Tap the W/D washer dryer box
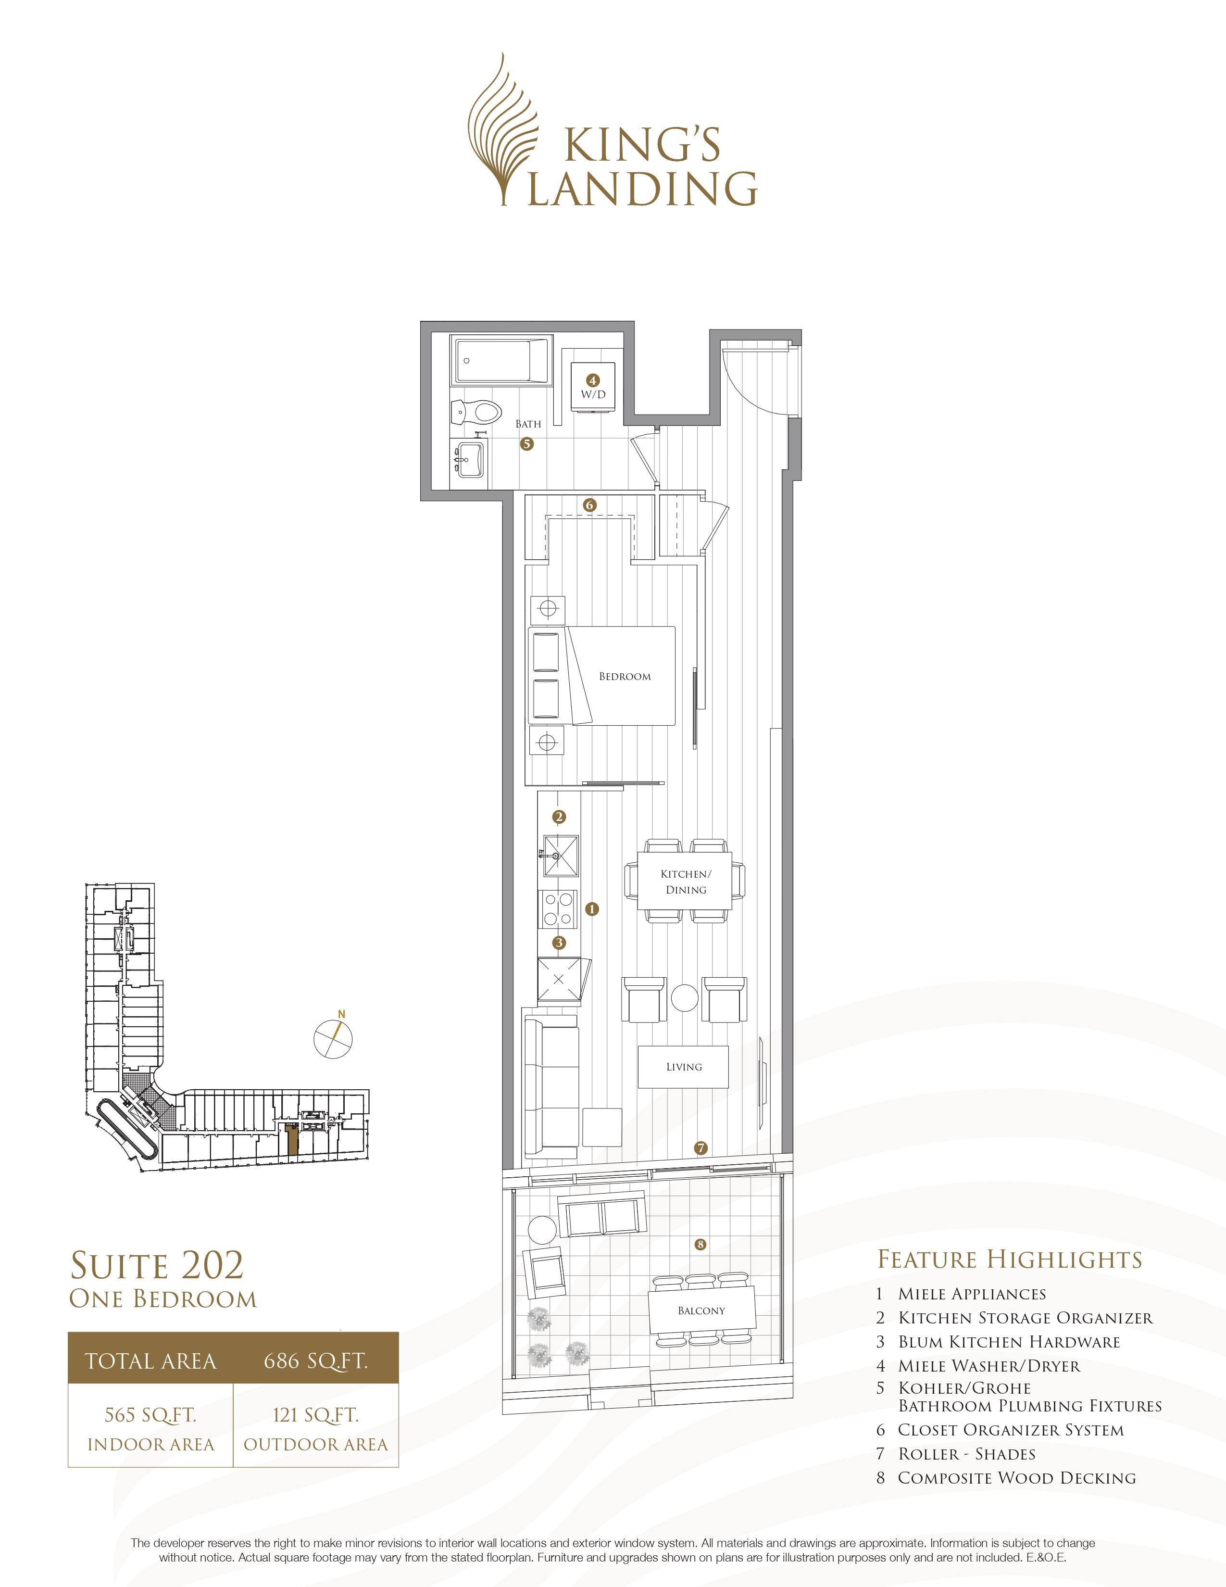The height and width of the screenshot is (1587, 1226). click(593, 387)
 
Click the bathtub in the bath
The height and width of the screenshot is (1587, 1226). click(501, 360)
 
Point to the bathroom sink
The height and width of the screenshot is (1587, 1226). click(469, 459)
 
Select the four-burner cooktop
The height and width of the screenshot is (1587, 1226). click(559, 909)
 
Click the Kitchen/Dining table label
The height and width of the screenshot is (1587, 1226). click(686, 882)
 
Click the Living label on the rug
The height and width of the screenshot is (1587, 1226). click(684, 1067)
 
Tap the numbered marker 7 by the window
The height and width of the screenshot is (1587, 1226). click(700, 1149)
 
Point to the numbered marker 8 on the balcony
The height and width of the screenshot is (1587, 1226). click(700, 1245)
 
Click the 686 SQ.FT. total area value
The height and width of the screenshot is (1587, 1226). click(316, 1361)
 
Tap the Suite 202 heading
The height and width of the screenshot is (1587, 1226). click(157, 1265)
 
